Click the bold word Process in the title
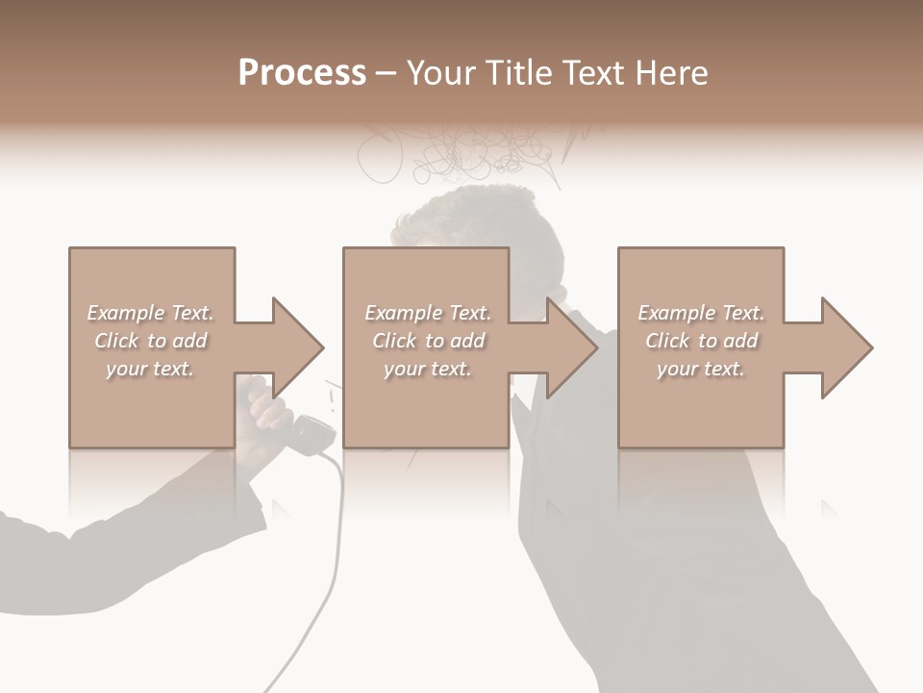click(x=302, y=73)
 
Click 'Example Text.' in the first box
click(x=150, y=313)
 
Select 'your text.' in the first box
click(x=150, y=369)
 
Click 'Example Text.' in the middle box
click(x=428, y=313)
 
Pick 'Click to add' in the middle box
click(x=428, y=341)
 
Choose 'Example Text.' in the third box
click(x=701, y=313)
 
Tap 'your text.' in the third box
click(x=701, y=369)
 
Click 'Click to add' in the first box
click(x=150, y=341)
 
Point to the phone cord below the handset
click(x=337, y=539)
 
